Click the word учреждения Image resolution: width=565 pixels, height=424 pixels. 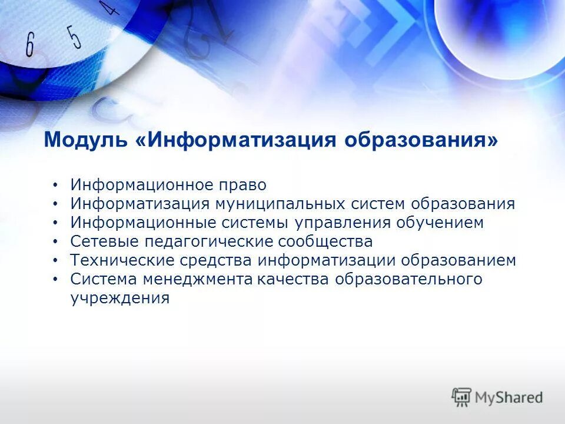tap(120, 298)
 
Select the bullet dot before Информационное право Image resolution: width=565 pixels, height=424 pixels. tap(55, 185)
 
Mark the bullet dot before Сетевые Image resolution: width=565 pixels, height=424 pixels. tap(55, 242)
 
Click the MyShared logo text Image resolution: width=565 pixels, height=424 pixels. tap(509, 397)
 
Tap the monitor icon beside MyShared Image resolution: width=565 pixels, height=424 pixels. tap(461, 397)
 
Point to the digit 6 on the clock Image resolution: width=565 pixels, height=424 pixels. tap(30, 45)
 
